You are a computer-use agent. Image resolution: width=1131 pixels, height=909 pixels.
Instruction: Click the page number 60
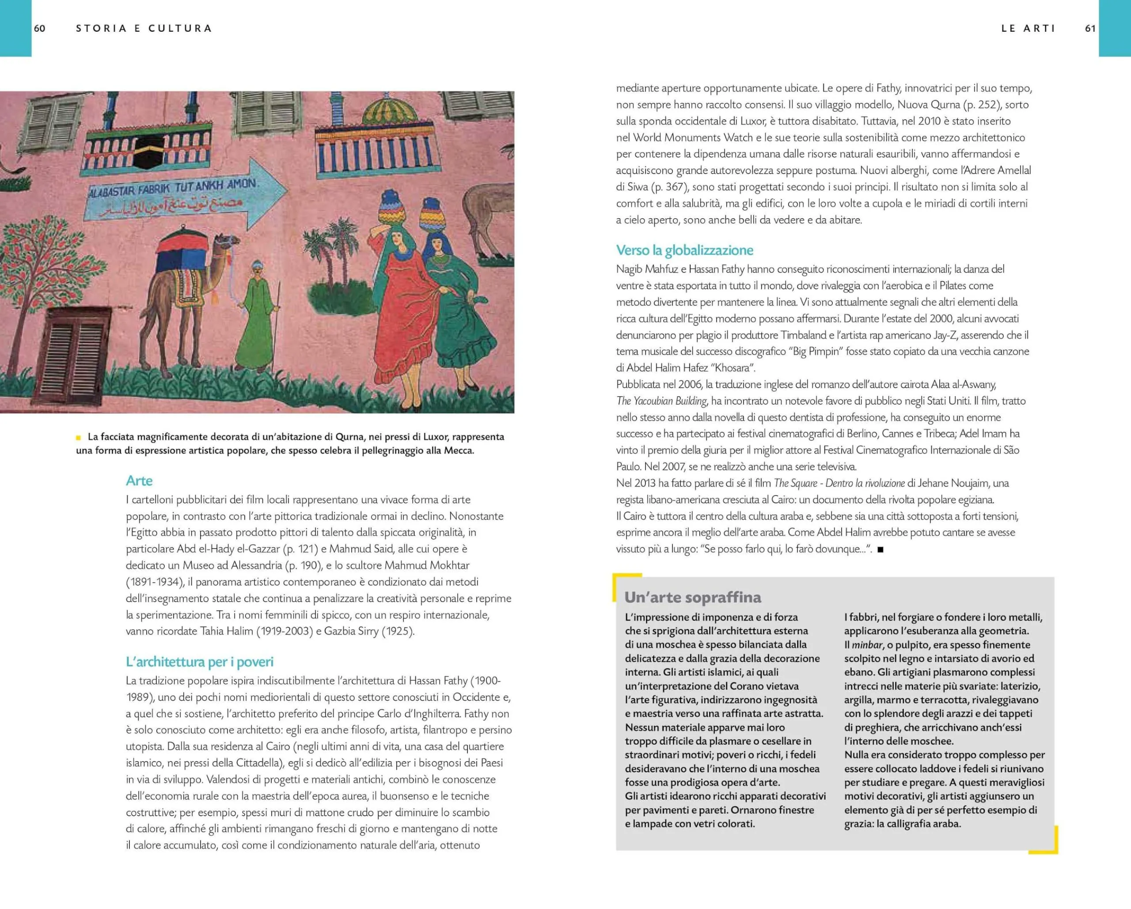[40, 28]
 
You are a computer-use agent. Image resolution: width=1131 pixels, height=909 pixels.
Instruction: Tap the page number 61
[1090, 28]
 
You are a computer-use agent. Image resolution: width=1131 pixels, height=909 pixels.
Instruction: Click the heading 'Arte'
[139, 481]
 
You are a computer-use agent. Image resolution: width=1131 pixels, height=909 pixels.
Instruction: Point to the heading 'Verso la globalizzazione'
[685, 250]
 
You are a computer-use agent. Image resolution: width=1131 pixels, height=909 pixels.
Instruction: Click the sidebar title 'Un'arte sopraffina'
[692, 597]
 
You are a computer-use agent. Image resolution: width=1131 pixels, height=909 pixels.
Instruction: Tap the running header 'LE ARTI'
[1028, 28]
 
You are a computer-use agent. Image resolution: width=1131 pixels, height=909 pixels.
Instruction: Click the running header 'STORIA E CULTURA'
[144, 28]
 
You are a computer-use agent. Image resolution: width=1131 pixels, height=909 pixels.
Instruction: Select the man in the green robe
[257, 320]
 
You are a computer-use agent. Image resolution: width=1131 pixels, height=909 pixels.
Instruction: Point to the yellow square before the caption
[79, 437]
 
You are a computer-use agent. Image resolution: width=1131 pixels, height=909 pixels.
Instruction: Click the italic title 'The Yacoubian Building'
[661, 401]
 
